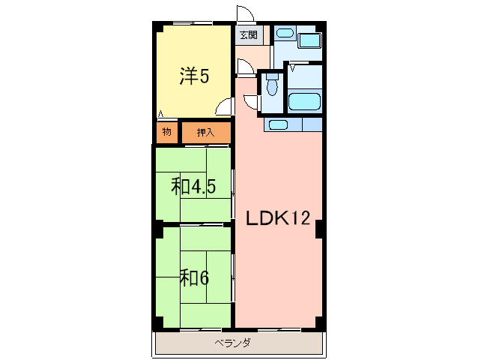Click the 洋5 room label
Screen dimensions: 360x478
point(193,76)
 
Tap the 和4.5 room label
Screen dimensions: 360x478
point(193,186)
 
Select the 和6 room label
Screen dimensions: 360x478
point(193,277)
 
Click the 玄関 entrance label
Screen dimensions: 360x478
point(248,35)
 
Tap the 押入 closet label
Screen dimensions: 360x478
point(205,133)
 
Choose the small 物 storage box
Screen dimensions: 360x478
point(166,133)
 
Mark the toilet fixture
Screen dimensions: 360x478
point(271,86)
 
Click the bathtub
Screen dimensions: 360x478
point(305,101)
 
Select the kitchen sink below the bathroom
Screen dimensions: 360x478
point(278,124)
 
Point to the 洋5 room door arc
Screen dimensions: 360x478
point(224,109)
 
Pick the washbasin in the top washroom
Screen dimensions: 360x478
point(284,34)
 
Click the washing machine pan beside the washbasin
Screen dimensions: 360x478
point(309,41)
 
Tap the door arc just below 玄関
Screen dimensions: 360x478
point(245,67)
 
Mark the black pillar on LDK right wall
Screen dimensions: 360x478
point(320,228)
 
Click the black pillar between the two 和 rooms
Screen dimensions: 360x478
point(157,223)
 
